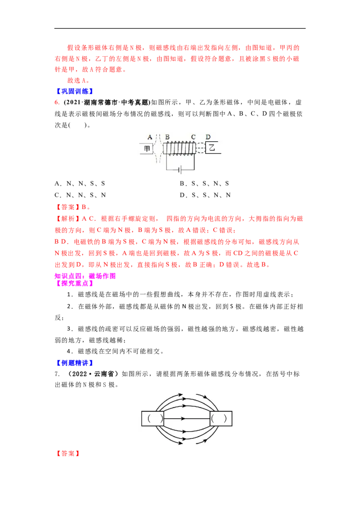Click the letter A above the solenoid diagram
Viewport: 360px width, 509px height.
pyautogui.click(x=150, y=137)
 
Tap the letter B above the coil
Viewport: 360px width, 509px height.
pyautogui.click(x=167, y=137)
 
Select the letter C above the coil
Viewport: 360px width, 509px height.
pyautogui.click(x=193, y=137)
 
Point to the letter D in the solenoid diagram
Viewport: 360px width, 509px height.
pyautogui.click(x=208, y=137)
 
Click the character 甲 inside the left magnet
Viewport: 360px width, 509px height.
pyautogui.click(x=147, y=148)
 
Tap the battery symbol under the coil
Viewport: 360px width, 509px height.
pyautogui.click(x=180, y=170)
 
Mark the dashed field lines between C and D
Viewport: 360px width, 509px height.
pyautogui.click(x=200, y=148)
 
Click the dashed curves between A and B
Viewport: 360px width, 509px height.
pyautogui.click(x=158, y=148)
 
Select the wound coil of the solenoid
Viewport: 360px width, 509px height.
pyautogui.click(x=180, y=148)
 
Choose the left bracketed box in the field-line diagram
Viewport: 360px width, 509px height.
pyautogui.click(x=153, y=418)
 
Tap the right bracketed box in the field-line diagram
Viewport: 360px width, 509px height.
pyautogui.click(x=221, y=418)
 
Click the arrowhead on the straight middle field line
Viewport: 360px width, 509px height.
pyautogui.click(x=183, y=418)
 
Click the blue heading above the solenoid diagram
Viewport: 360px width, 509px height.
pyautogui.click(x=74, y=91)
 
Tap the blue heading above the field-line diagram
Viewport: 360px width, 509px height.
pyautogui.click(x=74, y=362)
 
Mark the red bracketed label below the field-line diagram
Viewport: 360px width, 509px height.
pyautogui.click(x=67, y=454)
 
